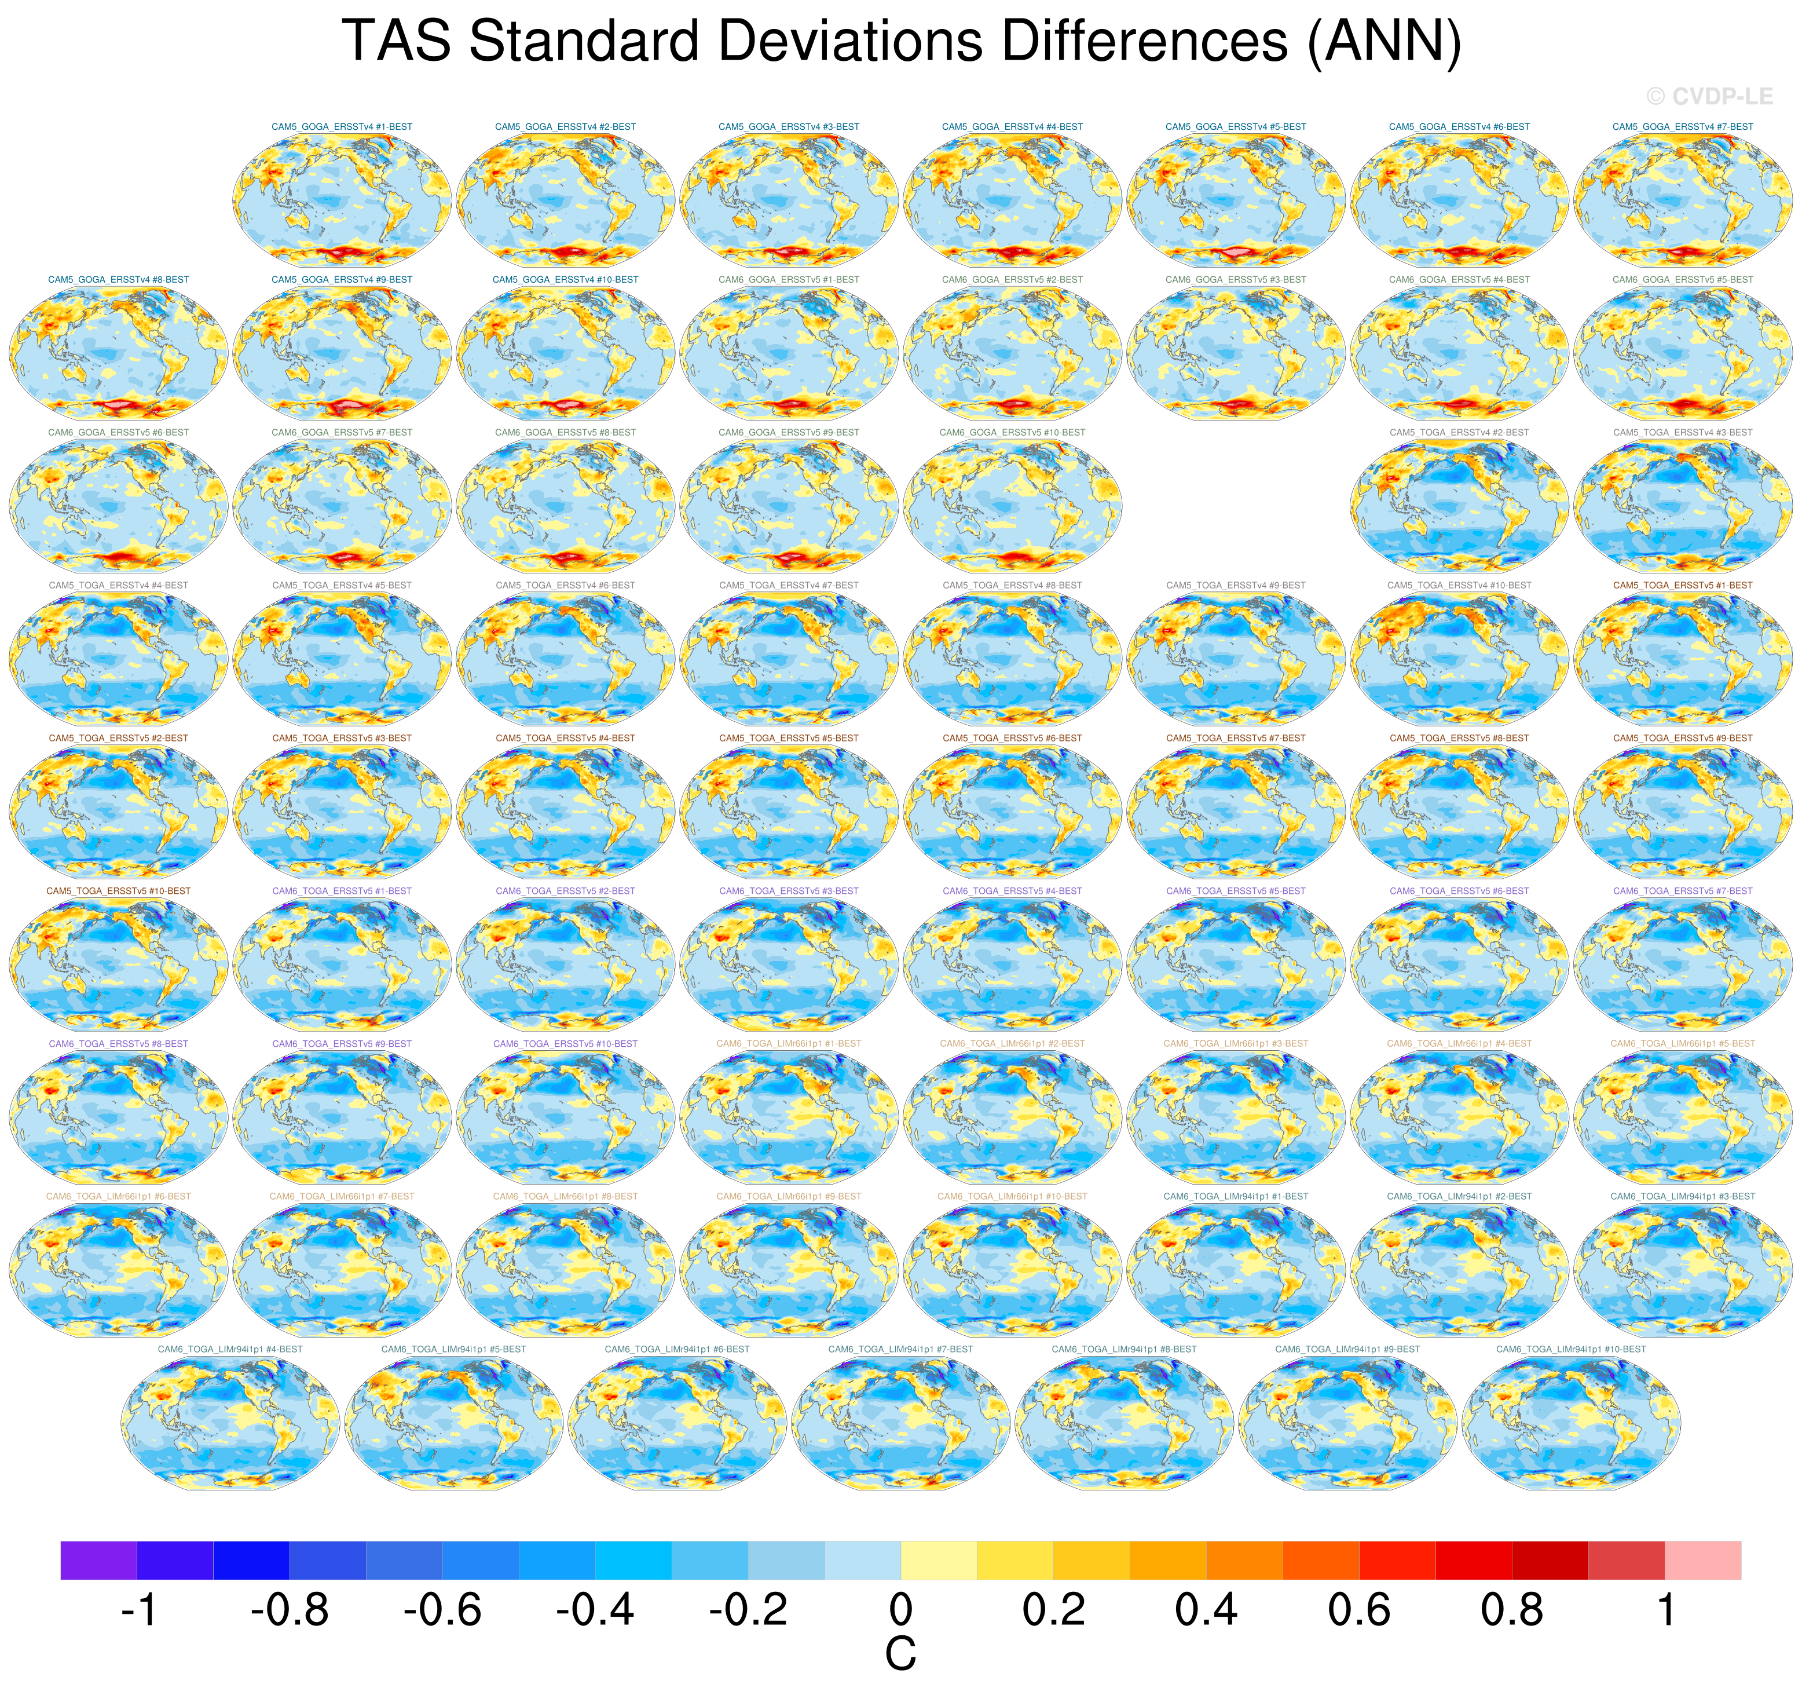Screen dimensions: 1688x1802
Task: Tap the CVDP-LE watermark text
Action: pyautogui.click(x=1709, y=96)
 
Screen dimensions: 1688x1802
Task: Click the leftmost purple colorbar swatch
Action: pyautogui.click(x=99, y=1560)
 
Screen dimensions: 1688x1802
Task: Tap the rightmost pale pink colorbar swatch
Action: pyautogui.click(x=1702, y=1560)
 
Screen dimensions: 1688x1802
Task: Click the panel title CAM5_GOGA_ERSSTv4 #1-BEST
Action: pyautogui.click(x=342, y=127)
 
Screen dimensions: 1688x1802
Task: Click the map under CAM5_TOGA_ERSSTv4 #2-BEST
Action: pyautogui.click(x=1459, y=504)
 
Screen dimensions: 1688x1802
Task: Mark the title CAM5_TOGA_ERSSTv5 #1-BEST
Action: pyautogui.click(x=1682, y=586)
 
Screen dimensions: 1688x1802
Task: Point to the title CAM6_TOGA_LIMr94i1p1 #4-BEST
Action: pyautogui.click(x=230, y=1349)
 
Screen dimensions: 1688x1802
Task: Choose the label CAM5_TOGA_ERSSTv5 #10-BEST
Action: pyautogui.click(x=119, y=891)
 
